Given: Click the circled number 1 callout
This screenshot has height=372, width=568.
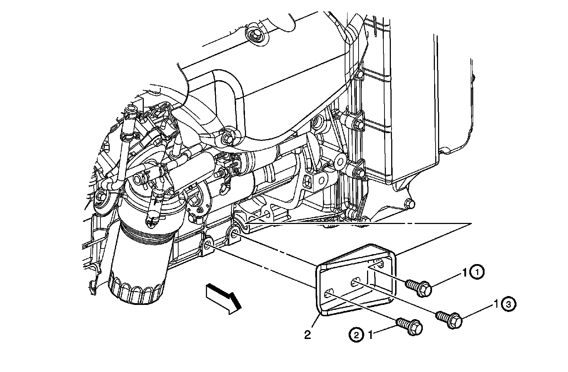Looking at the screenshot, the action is click(477, 273).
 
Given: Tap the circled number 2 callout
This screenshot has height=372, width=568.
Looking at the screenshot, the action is click(356, 335).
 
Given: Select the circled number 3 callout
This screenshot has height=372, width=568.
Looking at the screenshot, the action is click(508, 304).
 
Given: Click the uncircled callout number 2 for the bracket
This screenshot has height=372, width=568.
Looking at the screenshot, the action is click(307, 335).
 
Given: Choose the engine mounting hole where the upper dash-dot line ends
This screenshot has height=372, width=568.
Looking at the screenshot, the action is click(235, 234).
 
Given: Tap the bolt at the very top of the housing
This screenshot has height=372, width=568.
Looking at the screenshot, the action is click(254, 34).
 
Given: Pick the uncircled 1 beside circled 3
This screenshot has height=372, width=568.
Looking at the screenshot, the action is click(496, 304).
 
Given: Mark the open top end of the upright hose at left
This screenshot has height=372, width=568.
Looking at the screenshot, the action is click(130, 108).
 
